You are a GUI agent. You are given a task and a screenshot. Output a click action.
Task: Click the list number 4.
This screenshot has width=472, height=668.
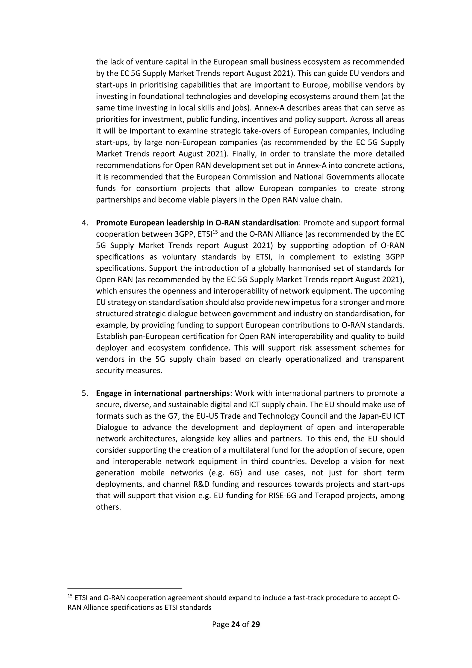pyautogui.click(x=85, y=223)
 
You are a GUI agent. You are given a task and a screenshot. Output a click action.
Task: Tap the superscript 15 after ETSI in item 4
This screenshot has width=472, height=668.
pyautogui.click(x=215, y=232)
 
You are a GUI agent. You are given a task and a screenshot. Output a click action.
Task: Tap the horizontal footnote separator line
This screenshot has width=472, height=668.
pyautogui.click(x=124, y=588)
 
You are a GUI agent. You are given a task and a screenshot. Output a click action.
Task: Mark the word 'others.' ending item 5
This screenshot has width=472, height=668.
pyautogui.click(x=108, y=507)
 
